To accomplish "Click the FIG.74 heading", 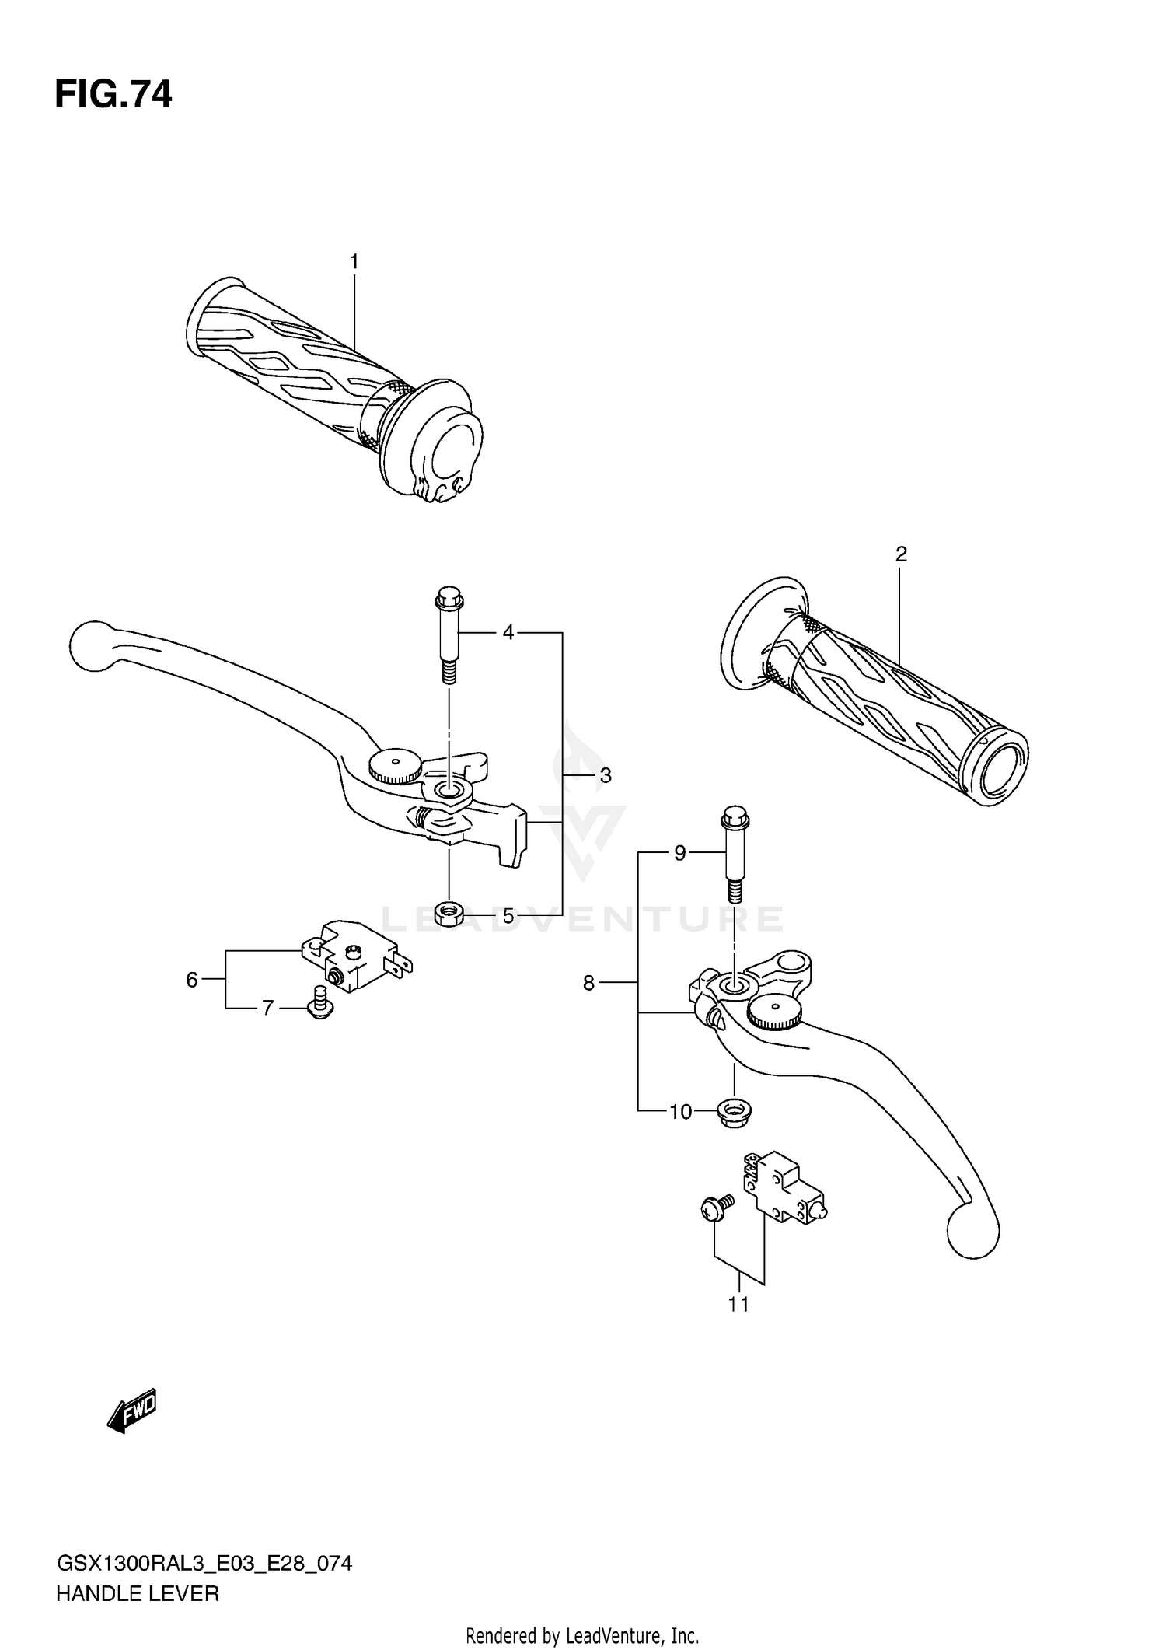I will [x=113, y=95].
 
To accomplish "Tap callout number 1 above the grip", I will [x=354, y=262].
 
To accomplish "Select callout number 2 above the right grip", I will [x=901, y=554].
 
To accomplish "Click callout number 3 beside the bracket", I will [x=606, y=775].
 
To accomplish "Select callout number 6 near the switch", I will [x=192, y=980].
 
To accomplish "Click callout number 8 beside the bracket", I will [x=588, y=984].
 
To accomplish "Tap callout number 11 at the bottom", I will [x=738, y=1304].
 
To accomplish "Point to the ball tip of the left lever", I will [x=91, y=644].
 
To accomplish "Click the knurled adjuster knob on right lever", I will [x=772, y=1010].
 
